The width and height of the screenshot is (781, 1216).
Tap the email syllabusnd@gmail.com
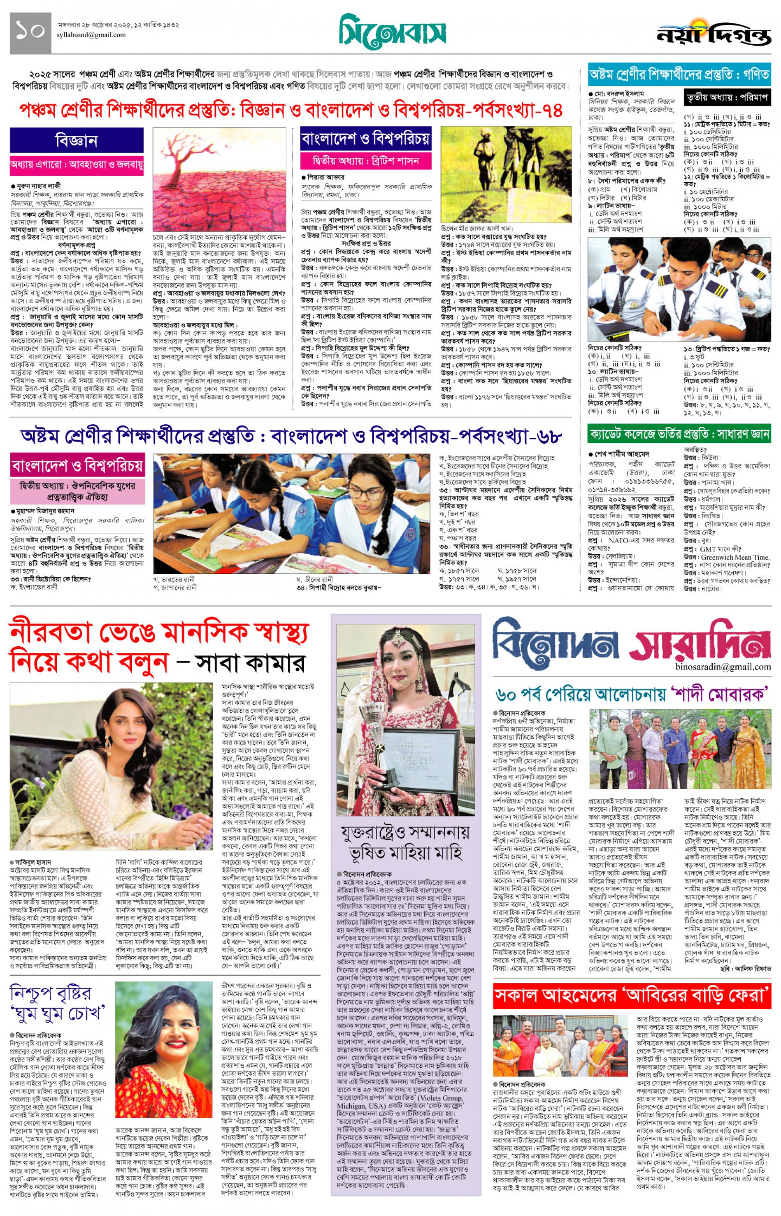tap(91, 35)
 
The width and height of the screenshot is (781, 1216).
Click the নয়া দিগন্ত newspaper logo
tap(713, 34)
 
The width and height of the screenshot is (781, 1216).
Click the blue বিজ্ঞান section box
tap(77, 140)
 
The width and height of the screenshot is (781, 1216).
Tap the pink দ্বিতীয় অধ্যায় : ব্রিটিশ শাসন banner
tap(366, 161)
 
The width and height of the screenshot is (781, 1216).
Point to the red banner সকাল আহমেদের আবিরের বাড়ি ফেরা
tap(632, 996)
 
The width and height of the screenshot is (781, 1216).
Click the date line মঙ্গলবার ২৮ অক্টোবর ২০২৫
tap(118, 25)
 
